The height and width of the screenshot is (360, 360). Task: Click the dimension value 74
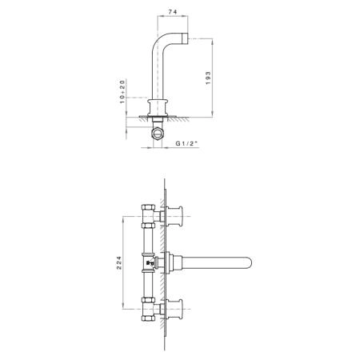[x=173, y=12]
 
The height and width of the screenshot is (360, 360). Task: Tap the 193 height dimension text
[x=208, y=78]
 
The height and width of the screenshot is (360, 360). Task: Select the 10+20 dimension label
[x=122, y=91]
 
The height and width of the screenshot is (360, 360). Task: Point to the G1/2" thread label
[x=186, y=143]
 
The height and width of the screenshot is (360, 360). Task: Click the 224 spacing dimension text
[x=119, y=262]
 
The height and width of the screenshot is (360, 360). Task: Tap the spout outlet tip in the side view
[x=186, y=38]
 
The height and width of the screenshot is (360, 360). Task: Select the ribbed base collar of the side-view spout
[x=158, y=108]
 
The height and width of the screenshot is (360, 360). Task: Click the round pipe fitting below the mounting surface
[x=158, y=133]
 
